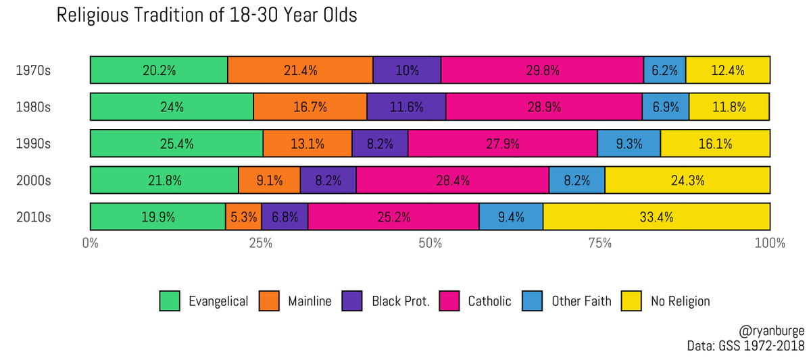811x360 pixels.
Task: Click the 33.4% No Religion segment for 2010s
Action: point(656,217)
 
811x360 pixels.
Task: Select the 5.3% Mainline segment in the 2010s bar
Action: point(243,217)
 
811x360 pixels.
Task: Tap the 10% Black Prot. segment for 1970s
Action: point(407,70)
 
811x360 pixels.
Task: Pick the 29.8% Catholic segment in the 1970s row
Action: point(542,70)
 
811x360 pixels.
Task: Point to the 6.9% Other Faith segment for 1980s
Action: point(666,106)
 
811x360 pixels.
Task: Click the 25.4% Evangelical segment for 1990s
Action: point(176,143)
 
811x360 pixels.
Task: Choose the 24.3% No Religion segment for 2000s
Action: point(687,180)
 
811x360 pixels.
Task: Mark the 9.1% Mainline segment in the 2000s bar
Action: point(270,180)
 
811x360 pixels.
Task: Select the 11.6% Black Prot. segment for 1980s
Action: point(406,106)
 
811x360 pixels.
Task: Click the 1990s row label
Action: point(34,143)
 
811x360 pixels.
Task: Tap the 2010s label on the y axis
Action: point(34,217)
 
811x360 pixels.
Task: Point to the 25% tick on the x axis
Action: point(260,242)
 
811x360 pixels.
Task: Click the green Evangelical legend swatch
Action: point(170,301)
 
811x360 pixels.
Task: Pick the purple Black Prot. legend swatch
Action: point(353,301)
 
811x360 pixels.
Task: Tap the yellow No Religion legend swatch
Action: point(631,301)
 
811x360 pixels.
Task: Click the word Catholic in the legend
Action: point(490,301)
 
